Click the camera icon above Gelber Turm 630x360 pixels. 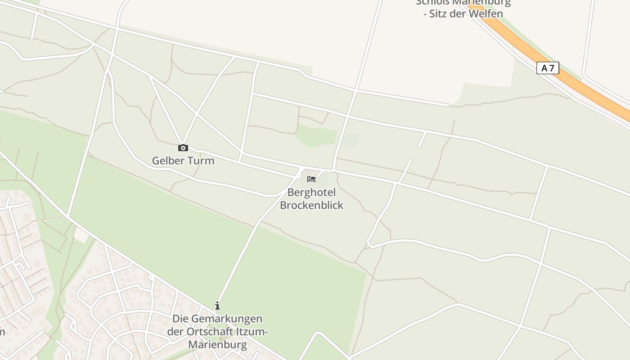(x=183, y=148)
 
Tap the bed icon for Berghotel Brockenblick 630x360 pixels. (x=311, y=179)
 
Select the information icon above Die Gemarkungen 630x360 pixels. (x=217, y=306)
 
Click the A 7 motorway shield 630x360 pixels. (x=548, y=68)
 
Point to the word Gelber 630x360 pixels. (x=167, y=161)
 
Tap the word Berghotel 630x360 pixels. (x=311, y=192)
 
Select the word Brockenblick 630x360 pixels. (x=311, y=205)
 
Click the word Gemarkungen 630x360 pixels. (x=227, y=319)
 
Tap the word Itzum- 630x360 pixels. (x=252, y=332)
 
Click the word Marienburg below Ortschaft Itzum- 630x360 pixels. (x=217, y=345)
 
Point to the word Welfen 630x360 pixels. (x=486, y=13)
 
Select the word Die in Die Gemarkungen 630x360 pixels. (x=180, y=319)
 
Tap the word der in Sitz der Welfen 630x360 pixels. (x=461, y=13)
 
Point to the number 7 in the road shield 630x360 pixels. (x=552, y=68)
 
